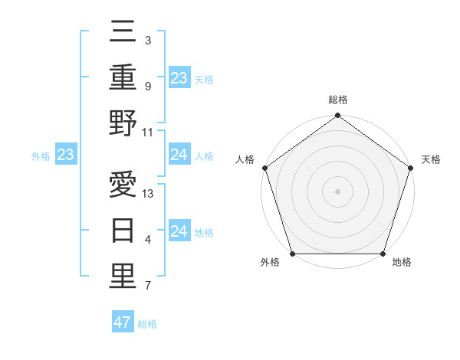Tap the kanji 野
click(x=123, y=125)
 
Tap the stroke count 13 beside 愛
click(x=148, y=194)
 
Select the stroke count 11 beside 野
click(x=148, y=132)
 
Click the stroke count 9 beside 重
click(x=147, y=87)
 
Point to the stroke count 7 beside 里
click(x=147, y=286)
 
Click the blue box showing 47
click(x=123, y=322)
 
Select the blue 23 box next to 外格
click(x=65, y=155)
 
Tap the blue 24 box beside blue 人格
click(x=179, y=155)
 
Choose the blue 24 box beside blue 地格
click(x=179, y=231)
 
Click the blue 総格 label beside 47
click(x=147, y=324)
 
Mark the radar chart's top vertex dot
click(x=337, y=116)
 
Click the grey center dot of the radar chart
click(x=337, y=191)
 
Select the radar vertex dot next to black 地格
click(x=383, y=254)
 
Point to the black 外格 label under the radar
click(x=270, y=263)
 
